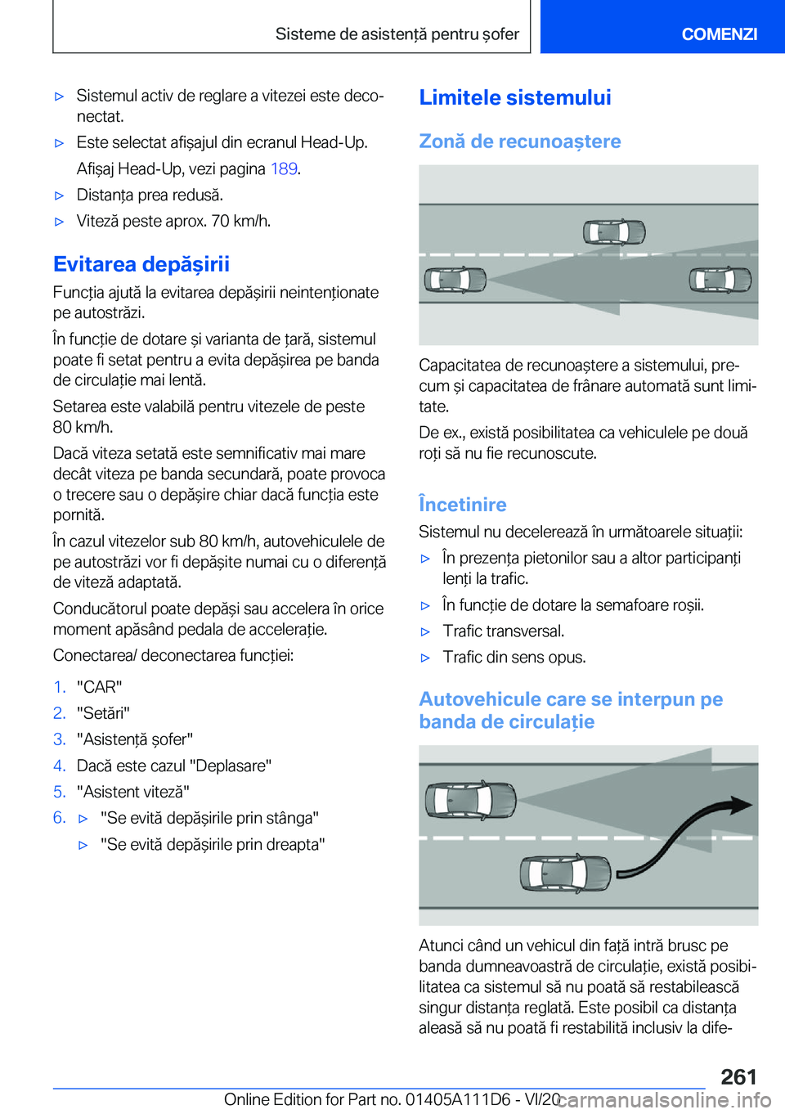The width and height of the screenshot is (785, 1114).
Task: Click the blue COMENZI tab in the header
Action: click(719, 34)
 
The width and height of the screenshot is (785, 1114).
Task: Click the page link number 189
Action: click(284, 168)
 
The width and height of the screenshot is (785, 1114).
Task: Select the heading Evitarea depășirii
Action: click(141, 264)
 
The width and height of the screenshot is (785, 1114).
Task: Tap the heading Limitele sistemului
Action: click(515, 97)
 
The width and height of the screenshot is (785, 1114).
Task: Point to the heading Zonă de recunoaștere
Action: click(520, 141)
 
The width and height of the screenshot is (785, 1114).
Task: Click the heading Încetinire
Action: click(463, 505)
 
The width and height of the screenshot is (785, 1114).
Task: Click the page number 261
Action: click(738, 1076)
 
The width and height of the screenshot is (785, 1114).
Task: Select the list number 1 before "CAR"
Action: click(59, 687)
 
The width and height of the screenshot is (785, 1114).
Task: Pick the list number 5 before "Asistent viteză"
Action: click(59, 792)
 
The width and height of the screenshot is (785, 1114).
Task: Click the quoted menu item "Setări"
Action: click(103, 713)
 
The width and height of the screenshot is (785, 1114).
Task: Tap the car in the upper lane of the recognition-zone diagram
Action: click(614, 232)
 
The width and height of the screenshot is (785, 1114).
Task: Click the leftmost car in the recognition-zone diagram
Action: click(455, 280)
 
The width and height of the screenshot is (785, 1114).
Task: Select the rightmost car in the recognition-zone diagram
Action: click(720, 280)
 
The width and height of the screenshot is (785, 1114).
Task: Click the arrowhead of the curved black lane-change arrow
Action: click(741, 805)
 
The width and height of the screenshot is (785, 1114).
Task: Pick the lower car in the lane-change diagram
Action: click(565, 874)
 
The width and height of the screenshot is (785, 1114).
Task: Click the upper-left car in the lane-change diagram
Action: click(471, 799)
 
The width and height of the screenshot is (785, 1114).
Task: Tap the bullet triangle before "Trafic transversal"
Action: click(425, 631)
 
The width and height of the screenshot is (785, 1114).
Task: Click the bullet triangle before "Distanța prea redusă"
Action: click(59, 195)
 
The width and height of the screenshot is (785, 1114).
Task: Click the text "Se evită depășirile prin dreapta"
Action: click(213, 844)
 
